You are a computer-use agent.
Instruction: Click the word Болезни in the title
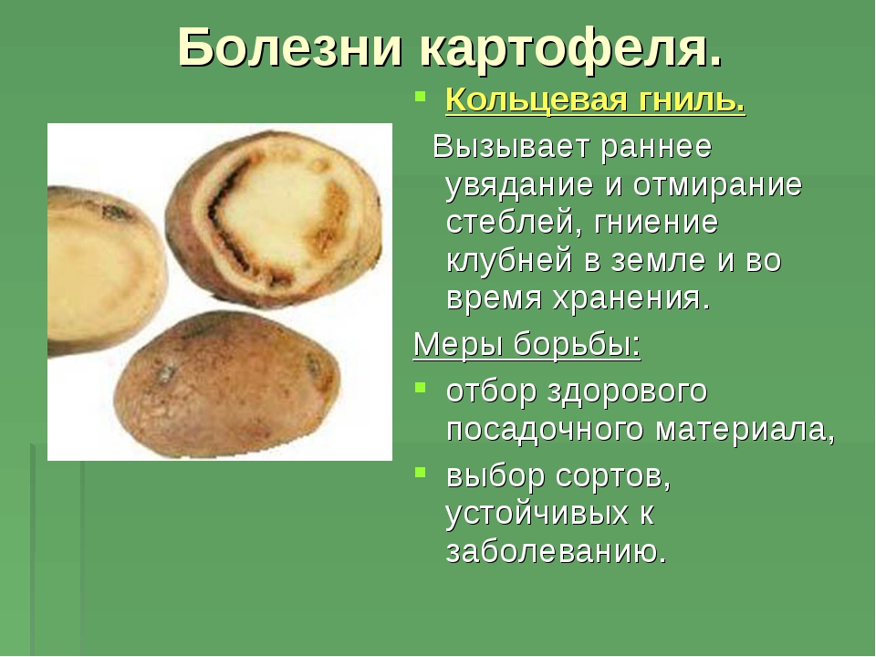point(290,47)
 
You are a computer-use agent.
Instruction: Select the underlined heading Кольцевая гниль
point(596,100)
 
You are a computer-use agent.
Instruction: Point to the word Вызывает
point(511,146)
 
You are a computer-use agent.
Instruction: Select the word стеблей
point(514,224)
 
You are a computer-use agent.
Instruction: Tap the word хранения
point(631,299)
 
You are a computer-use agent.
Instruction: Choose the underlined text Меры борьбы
point(527,344)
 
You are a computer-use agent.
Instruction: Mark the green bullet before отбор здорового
point(420,386)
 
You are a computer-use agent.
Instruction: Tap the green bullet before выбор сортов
point(420,472)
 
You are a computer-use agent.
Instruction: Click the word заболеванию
point(557,551)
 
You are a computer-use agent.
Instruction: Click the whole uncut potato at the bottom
point(229,385)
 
